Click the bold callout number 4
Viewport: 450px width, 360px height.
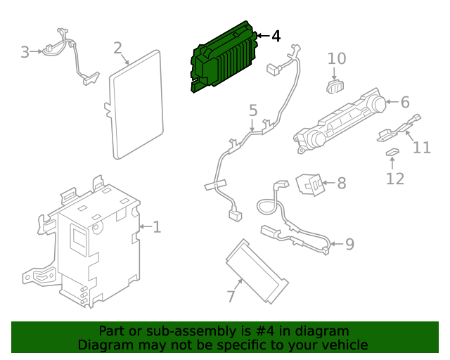276,37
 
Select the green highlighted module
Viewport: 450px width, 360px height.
224,57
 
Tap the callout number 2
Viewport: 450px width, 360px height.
117,48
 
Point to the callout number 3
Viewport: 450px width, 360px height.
25,53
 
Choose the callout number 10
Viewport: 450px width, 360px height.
337,58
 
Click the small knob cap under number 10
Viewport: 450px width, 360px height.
335,86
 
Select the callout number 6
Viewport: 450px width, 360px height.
405,102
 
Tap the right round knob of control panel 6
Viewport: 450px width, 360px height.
378,105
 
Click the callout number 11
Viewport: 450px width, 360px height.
422,148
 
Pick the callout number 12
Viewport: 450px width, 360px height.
395,179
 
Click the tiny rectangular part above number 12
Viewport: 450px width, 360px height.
392,152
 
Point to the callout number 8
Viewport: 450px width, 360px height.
342,183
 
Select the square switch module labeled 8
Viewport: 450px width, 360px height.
311,185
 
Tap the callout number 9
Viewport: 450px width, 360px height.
350,244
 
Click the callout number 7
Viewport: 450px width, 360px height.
231,296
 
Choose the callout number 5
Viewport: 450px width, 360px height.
253,110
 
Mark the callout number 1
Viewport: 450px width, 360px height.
157,227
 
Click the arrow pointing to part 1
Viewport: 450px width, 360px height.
146,227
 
